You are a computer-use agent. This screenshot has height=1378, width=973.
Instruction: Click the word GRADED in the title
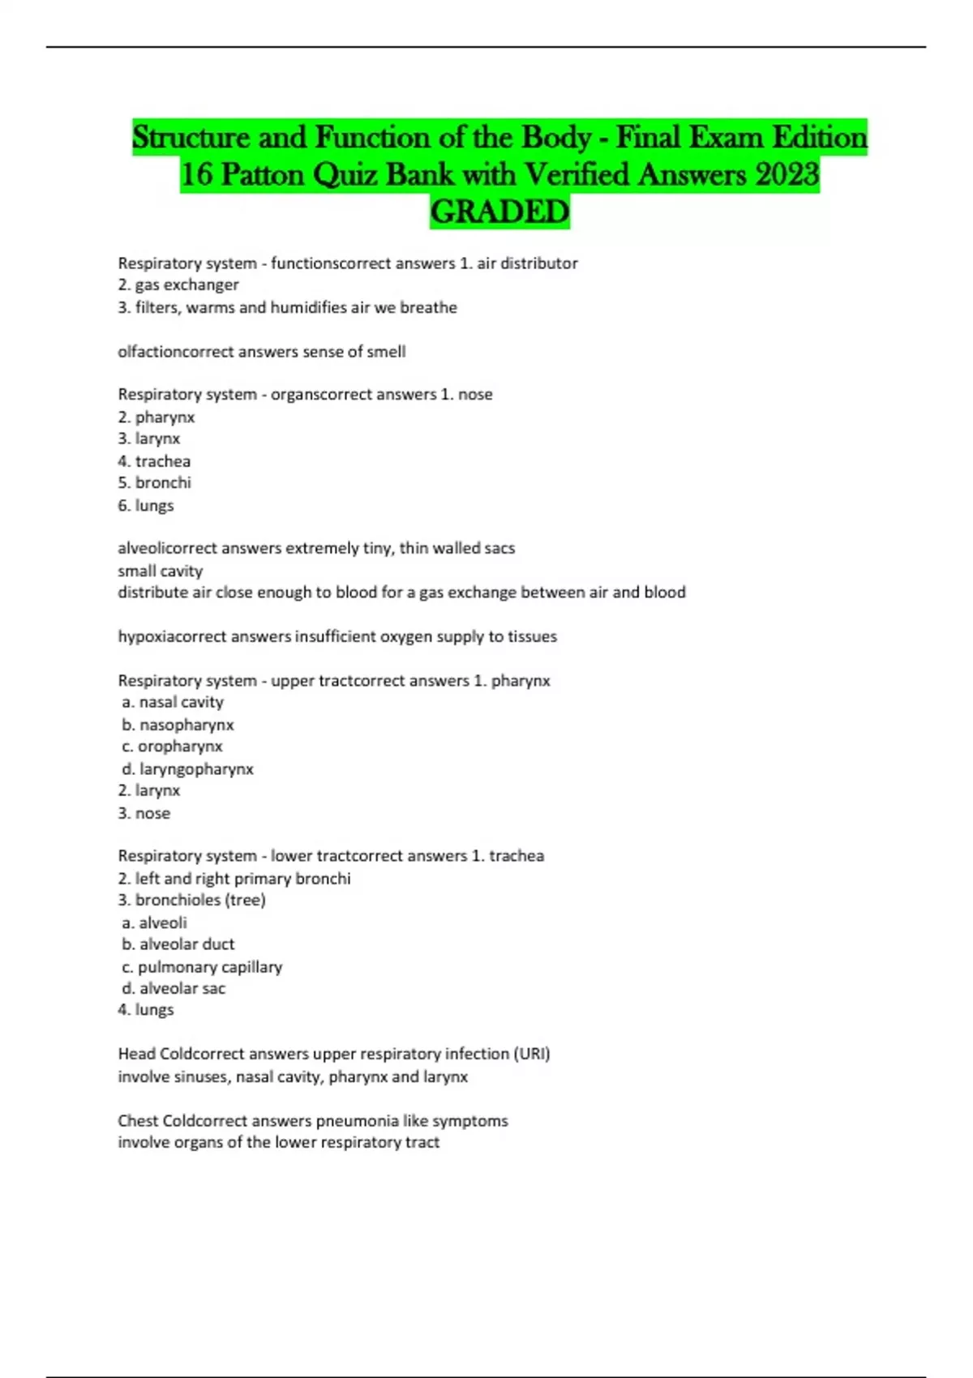(x=499, y=212)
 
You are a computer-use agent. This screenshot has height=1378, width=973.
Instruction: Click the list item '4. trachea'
(x=154, y=461)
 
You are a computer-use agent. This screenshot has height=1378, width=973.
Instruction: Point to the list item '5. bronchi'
(x=154, y=483)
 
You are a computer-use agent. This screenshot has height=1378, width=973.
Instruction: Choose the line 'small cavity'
(x=160, y=571)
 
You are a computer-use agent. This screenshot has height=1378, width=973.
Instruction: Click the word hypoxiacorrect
(x=172, y=637)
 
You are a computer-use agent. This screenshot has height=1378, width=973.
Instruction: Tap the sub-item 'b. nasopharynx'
(x=178, y=725)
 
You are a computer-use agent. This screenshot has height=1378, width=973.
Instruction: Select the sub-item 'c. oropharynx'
(x=172, y=747)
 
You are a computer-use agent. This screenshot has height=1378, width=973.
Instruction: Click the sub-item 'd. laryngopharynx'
(x=187, y=768)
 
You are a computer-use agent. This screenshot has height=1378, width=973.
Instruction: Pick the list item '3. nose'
(x=144, y=813)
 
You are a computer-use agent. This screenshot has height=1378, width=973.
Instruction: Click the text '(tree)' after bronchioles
(x=246, y=900)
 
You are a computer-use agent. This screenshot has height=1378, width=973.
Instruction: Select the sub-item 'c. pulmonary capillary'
(x=202, y=967)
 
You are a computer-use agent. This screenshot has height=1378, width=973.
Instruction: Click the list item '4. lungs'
(x=146, y=1010)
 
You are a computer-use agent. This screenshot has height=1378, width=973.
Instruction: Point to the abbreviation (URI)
(x=532, y=1054)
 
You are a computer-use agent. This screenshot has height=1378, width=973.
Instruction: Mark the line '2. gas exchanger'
(x=178, y=285)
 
